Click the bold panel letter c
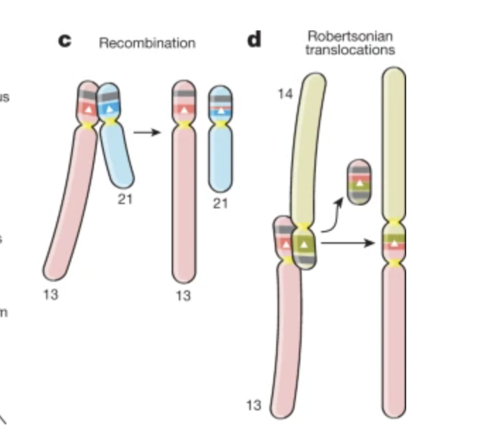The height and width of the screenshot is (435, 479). point(65,40)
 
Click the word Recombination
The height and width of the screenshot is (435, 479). point(147,43)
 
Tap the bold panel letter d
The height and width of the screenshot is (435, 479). point(253,40)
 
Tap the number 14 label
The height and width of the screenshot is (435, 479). point(285,94)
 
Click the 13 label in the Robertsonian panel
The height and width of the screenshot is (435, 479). point(254,405)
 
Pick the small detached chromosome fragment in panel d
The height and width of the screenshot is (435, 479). point(360,182)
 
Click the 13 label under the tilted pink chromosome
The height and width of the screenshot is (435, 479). point(50,294)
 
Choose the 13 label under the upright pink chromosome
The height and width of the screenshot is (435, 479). point(183,296)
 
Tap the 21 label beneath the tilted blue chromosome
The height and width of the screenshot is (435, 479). point(125,199)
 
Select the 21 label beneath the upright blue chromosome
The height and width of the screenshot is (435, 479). point(221,203)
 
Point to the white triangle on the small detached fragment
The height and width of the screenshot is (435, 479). point(360,183)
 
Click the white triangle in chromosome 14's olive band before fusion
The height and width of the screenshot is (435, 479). point(304,244)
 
